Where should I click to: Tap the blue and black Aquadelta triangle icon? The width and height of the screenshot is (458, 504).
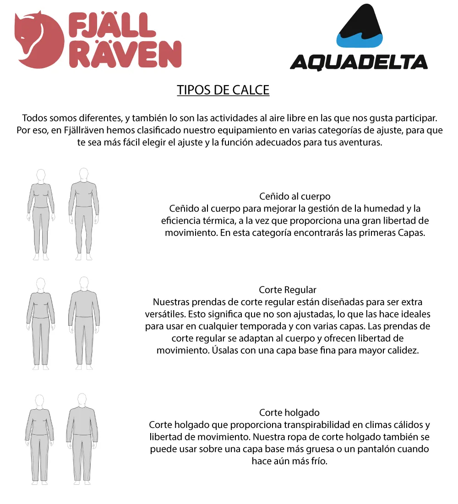point(359,27)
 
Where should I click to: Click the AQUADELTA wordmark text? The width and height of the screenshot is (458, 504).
point(359,62)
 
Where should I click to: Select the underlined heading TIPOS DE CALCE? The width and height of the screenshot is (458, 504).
point(223,90)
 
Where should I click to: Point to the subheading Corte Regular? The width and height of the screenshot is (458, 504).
point(288,290)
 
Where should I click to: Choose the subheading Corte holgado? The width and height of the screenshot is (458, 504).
point(289,413)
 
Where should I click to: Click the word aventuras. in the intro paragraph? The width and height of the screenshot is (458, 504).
point(357,142)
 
